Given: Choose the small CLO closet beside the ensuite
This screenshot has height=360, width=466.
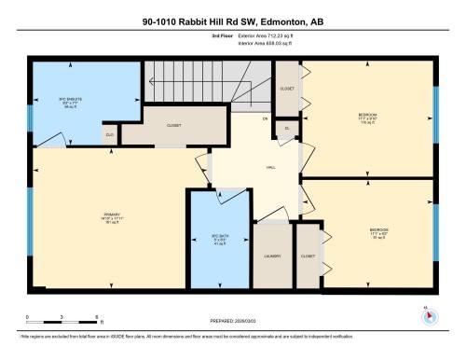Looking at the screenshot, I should pyautogui.click(x=109, y=136).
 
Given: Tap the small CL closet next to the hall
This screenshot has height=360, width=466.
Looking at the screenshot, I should pyautogui.click(x=288, y=128).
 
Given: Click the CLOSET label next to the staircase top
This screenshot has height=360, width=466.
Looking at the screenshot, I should pyautogui.click(x=287, y=89).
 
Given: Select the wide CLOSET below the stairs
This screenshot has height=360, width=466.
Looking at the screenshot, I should pyautogui.click(x=174, y=124).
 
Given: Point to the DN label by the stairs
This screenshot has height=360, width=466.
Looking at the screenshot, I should pyautogui.click(x=265, y=118).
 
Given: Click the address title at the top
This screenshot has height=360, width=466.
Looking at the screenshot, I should pyautogui.click(x=232, y=21).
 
